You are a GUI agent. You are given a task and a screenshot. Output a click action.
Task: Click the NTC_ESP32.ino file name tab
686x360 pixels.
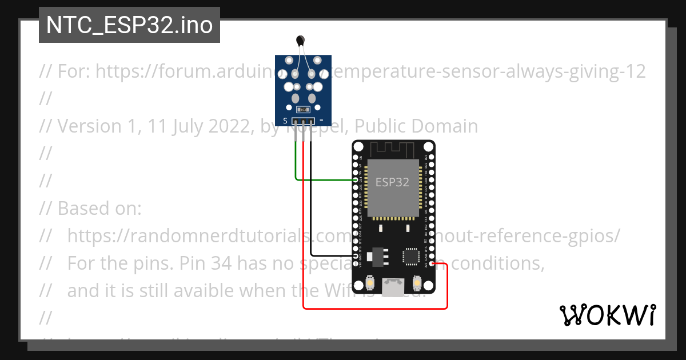(x=129, y=25)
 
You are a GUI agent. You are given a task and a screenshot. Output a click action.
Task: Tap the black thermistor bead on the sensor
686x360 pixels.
(x=300, y=39)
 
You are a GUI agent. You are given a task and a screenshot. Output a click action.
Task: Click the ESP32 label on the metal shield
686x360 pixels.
(x=392, y=182)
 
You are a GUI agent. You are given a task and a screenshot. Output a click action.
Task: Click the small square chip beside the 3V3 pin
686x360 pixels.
(x=412, y=257)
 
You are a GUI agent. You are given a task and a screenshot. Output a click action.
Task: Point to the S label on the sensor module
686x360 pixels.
(x=285, y=121)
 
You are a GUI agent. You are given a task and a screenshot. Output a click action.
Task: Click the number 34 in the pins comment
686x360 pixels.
(x=221, y=263)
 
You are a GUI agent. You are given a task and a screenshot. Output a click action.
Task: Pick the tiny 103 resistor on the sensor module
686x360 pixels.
(x=304, y=109)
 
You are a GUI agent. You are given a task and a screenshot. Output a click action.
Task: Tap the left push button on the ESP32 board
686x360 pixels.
(x=370, y=283)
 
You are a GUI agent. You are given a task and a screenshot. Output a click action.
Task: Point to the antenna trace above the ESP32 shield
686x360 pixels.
(x=393, y=149)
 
